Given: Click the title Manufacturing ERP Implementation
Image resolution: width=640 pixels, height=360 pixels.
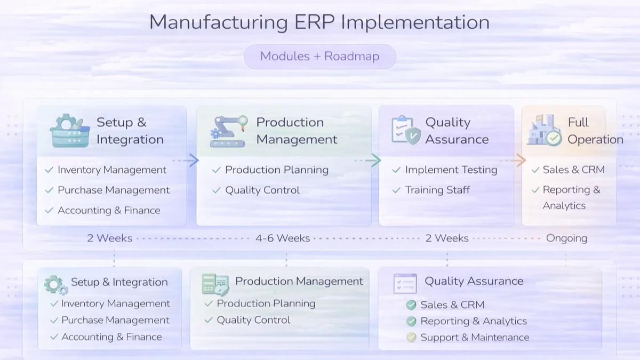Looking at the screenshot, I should (x=319, y=22).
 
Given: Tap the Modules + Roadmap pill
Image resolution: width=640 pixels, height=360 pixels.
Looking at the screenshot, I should (x=319, y=57).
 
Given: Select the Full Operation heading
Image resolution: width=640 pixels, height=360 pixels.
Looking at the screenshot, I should (x=595, y=131).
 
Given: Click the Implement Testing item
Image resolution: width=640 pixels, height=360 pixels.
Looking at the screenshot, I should (x=451, y=170).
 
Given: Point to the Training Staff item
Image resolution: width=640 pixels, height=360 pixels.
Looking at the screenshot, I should (x=437, y=190).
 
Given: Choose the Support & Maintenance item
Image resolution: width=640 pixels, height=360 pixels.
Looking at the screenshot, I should (x=475, y=338).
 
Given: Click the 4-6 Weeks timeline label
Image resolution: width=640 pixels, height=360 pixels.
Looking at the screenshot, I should (x=283, y=238).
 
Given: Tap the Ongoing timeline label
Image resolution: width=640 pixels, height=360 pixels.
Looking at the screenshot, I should (x=566, y=238).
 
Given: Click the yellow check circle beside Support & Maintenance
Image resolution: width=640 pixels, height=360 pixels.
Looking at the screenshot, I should (x=411, y=338).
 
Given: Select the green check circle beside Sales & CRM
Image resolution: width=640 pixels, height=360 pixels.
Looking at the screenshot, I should (x=411, y=305).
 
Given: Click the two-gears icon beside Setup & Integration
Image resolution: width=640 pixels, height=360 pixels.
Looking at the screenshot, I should (x=55, y=285).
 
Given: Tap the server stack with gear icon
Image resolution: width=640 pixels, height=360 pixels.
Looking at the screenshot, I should (x=69, y=131).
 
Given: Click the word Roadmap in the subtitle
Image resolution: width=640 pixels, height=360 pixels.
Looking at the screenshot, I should (x=351, y=57).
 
